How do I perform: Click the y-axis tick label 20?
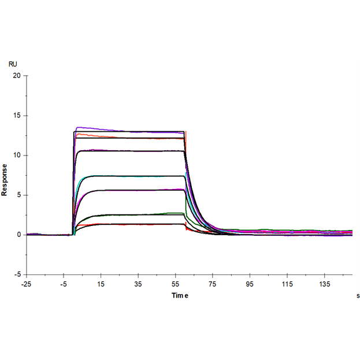coord(17,76)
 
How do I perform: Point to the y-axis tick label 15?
coord(17,116)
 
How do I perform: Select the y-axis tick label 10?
coord(17,155)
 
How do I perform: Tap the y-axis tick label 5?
coord(18,195)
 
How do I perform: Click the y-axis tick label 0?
coord(18,235)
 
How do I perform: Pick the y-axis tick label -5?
coord(17,274)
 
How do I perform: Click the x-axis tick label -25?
coord(26,284)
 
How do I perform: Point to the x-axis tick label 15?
coord(101,284)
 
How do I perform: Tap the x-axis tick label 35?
coord(138,284)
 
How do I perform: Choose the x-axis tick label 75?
coord(213,284)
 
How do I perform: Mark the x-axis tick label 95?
coord(250,284)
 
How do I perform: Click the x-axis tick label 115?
coord(287,284)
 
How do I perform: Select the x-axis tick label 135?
coord(325,284)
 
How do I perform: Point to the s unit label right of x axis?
coord(358,296)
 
